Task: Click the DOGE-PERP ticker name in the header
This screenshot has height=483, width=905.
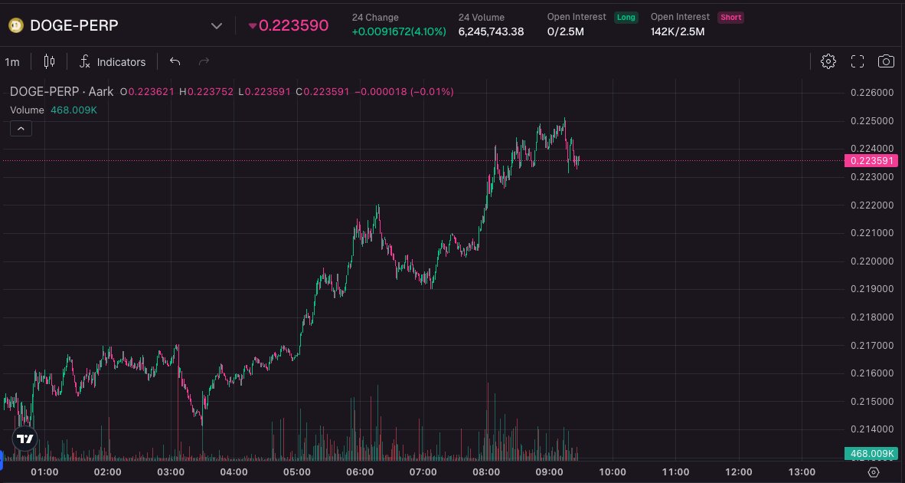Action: pos(74,25)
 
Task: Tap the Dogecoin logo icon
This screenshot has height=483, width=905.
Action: pos(15,25)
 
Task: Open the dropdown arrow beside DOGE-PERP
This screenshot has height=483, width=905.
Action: pos(216,25)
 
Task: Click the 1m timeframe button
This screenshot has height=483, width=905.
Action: pos(12,62)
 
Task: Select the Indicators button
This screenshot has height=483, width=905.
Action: pos(113,62)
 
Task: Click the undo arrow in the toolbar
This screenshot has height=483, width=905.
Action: pos(175,61)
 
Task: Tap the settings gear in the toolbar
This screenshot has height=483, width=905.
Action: pos(828,61)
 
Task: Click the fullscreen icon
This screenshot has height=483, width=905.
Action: pos(858,61)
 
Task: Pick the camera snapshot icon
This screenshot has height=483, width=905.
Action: pos(886,61)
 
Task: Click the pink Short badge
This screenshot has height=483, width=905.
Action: pos(730,17)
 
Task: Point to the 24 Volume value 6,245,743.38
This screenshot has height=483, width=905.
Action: pos(491,31)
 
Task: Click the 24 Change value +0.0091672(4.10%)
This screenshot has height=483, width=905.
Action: pos(399,31)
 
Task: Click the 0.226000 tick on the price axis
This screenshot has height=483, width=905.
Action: pos(872,93)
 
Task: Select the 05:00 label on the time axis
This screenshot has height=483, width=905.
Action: pos(297,472)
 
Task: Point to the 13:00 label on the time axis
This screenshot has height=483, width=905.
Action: pos(802,472)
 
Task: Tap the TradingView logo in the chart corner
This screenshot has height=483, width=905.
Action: pos(25,439)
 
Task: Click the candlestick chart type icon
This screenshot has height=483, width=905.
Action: pos(50,61)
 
